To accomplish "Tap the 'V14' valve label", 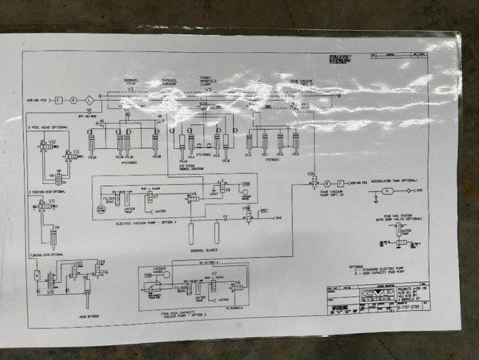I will click(102, 261).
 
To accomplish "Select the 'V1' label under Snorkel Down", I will click(131, 90).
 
